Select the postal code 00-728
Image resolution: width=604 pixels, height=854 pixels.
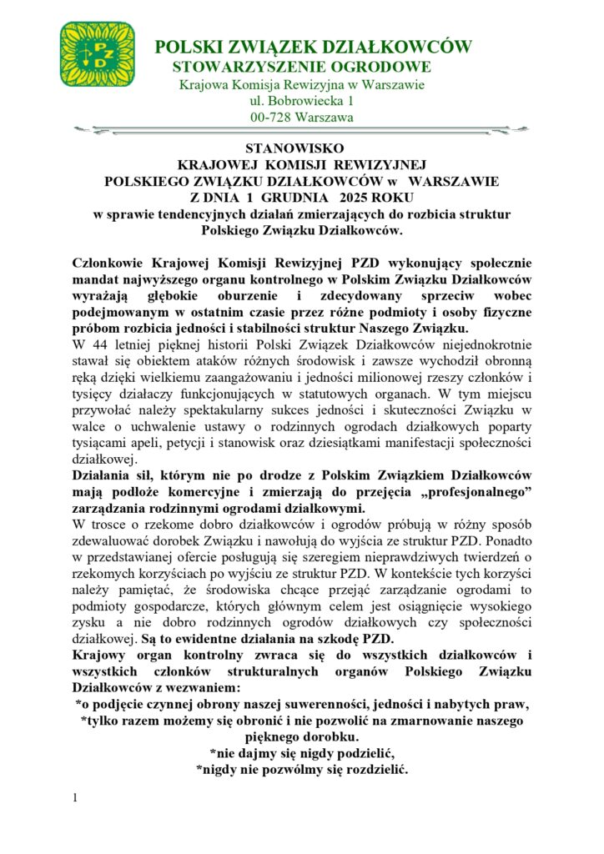[x=270, y=118]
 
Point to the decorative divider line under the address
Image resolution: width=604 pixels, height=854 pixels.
[x=302, y=130]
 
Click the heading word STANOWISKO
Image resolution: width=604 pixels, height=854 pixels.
[x=302, y=148]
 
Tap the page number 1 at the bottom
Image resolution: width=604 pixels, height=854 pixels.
[x=76, y=798]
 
